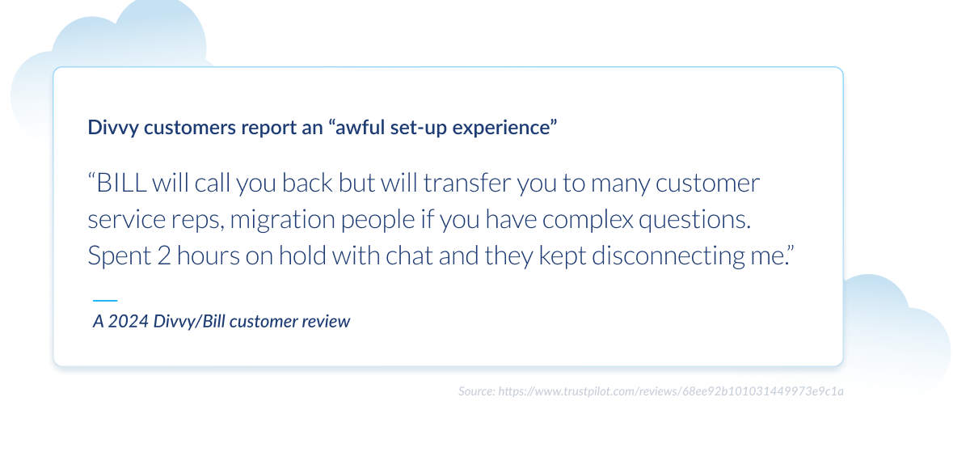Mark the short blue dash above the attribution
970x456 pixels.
105,301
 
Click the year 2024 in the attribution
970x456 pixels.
128,321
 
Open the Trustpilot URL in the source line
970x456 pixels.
671,391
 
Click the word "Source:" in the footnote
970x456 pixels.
476,391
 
